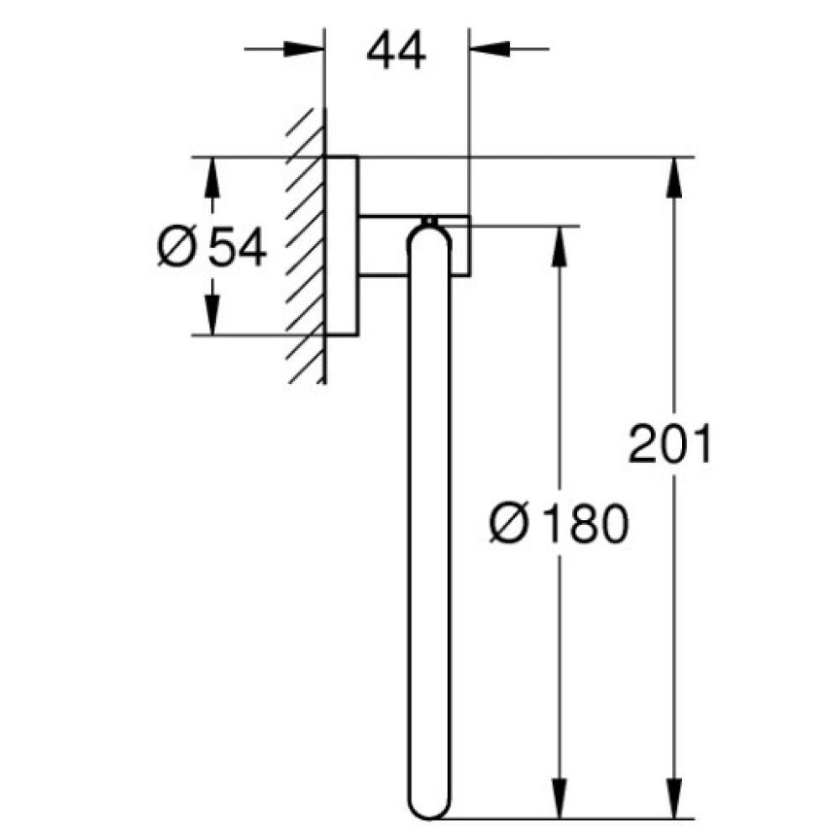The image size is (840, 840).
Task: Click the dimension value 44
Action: pos(396,52)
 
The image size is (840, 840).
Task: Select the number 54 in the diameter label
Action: pos(238,248)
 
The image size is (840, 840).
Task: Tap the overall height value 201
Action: pos(670,444)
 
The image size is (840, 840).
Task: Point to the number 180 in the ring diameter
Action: pos(585,524)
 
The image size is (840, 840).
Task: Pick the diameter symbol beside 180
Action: pos(509,524)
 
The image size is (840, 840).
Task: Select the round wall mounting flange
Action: pos(343,246)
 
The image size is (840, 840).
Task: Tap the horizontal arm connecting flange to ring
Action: pos(386,245)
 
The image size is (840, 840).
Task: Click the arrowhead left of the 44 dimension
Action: pos(304,50)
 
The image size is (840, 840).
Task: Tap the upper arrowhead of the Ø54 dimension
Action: pos(213,177)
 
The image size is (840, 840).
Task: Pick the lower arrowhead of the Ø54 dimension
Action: pos(213,315)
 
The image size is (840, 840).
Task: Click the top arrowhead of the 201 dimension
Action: pos(675,177)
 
